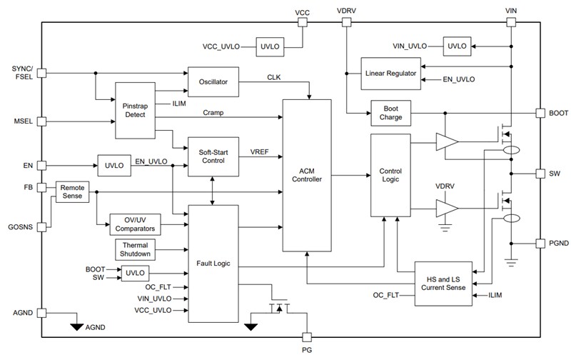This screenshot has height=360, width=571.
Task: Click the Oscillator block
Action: pos(212,82)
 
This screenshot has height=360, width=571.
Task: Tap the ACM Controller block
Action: pos(307,175)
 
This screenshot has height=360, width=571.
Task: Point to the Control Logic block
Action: pos(390,176)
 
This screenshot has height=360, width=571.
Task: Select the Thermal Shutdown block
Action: pos(136,250)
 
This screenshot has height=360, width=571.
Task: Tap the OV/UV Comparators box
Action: pos(136,224)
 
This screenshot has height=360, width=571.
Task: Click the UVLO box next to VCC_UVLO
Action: pos(269,46)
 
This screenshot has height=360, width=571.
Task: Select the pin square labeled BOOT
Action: pos(540,113)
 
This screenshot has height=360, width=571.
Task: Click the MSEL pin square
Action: pos(41,123)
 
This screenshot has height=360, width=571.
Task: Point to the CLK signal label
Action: pos(274,76)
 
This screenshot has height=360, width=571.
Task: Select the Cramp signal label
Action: pos(215,113)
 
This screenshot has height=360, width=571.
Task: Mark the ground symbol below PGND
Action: pos(512,261)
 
